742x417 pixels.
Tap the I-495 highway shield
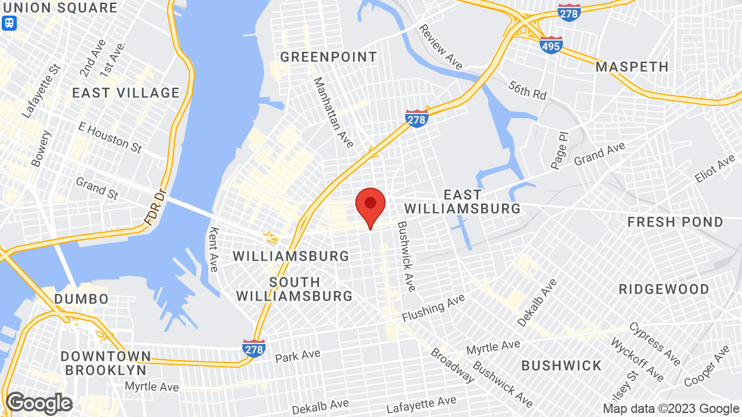tap(551, 45)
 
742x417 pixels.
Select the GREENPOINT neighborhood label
tap(329, 57)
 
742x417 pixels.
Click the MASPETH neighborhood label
tap(632, 67)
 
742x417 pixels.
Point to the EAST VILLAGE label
tap(126, 93)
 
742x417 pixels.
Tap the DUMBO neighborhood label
tap(81, 299)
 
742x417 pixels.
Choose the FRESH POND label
tap(675, 222)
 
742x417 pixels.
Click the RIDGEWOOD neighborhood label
tap(664, 289)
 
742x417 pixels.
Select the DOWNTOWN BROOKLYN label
tap(106, 363)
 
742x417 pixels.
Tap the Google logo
tap(39, 403)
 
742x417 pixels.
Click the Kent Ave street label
tap(213, 250)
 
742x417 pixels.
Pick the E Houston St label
tap(110, 138)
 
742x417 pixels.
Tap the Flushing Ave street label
tap(434, 308)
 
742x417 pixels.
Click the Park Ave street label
tap(298, 355)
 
